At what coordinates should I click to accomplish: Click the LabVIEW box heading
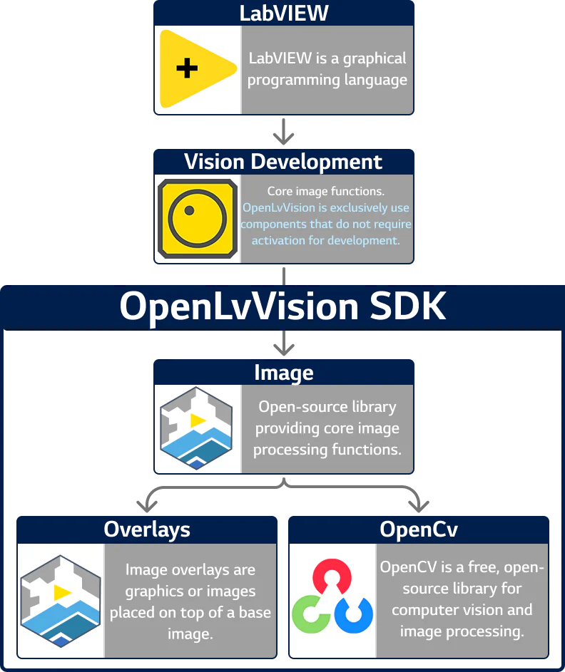284,12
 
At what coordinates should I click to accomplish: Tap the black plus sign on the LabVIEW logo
187,68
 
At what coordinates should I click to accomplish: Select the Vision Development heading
284,162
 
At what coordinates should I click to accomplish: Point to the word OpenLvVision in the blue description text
278,208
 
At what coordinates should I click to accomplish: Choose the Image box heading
284,373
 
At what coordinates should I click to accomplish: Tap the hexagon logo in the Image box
196,429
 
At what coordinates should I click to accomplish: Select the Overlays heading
147,529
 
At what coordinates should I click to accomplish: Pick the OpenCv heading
419,529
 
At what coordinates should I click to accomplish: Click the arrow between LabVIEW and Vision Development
284,134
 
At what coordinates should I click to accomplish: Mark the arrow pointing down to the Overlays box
147,500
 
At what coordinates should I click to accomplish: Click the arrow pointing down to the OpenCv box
419,500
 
